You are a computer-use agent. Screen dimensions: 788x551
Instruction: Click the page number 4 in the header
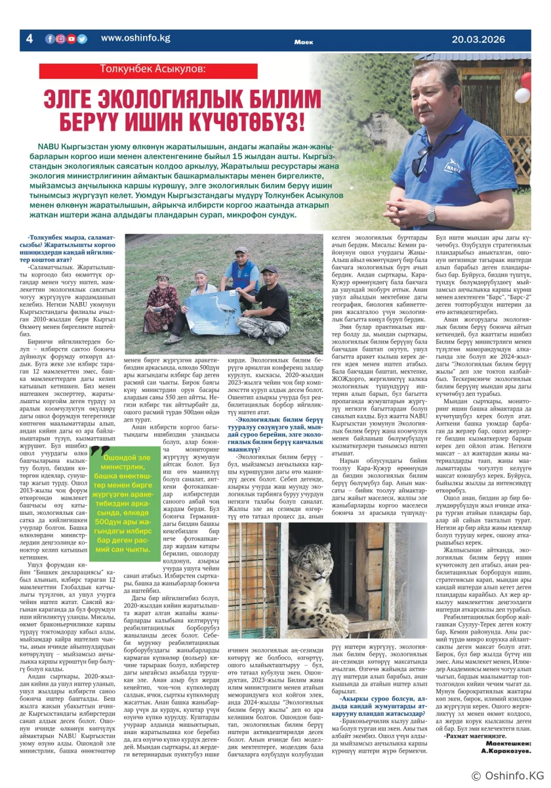click(x=29, y=39)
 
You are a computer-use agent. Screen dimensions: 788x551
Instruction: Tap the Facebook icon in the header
click(x=50, y=39)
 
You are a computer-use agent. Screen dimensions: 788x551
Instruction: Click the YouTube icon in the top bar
click(x=71, y=39)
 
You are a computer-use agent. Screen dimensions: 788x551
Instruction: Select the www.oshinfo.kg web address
click(x=135, y=38)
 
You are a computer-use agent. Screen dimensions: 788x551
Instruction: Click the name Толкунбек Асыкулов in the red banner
click(x=152, y=68)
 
